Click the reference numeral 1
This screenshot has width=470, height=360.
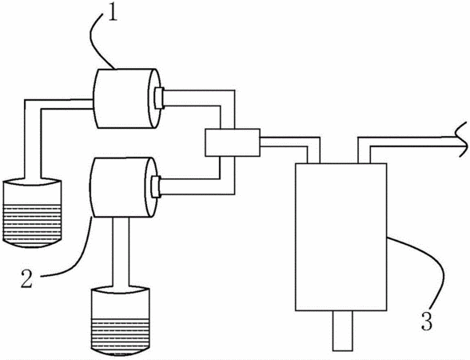(x=112, y=12)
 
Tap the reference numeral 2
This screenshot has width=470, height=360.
(x=26, y=278)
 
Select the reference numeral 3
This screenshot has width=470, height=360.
(x=427, y=321)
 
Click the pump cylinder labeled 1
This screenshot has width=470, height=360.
(x=127, y=98)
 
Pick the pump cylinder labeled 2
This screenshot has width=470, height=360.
(x=123, y=187)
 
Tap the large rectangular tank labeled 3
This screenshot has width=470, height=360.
(x=341, y=237)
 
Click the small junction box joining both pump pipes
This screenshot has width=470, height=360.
(x=233, y=142)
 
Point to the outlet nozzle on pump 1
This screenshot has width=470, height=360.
(x=158, y=98)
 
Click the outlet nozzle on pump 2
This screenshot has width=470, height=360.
(x=156, y=187)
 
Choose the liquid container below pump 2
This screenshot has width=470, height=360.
(x=120, y=322)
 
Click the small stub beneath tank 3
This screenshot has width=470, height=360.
(x=342, y=330)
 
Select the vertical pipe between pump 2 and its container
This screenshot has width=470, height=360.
(x=121, y=252)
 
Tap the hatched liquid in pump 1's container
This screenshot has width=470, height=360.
(x=32, y=222)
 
